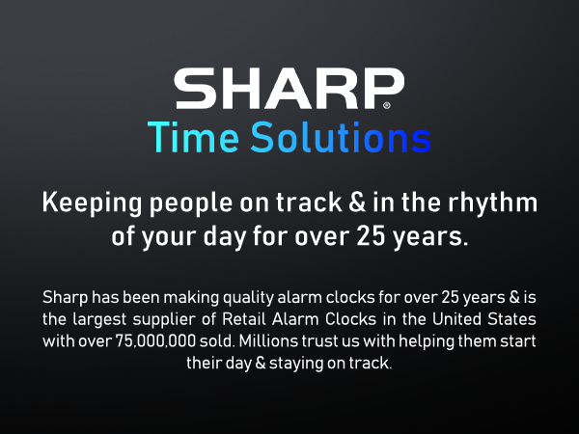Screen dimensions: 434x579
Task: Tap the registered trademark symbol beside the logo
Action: (387, 104)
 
